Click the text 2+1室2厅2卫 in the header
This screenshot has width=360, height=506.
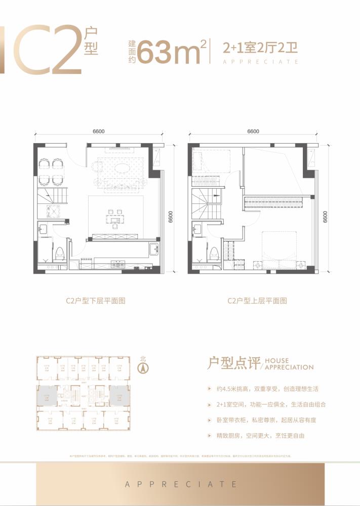(260, 49)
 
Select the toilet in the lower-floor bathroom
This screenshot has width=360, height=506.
(60, 253)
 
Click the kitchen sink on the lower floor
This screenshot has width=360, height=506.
(153, 248)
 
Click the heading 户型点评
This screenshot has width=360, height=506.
(234, 363)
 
